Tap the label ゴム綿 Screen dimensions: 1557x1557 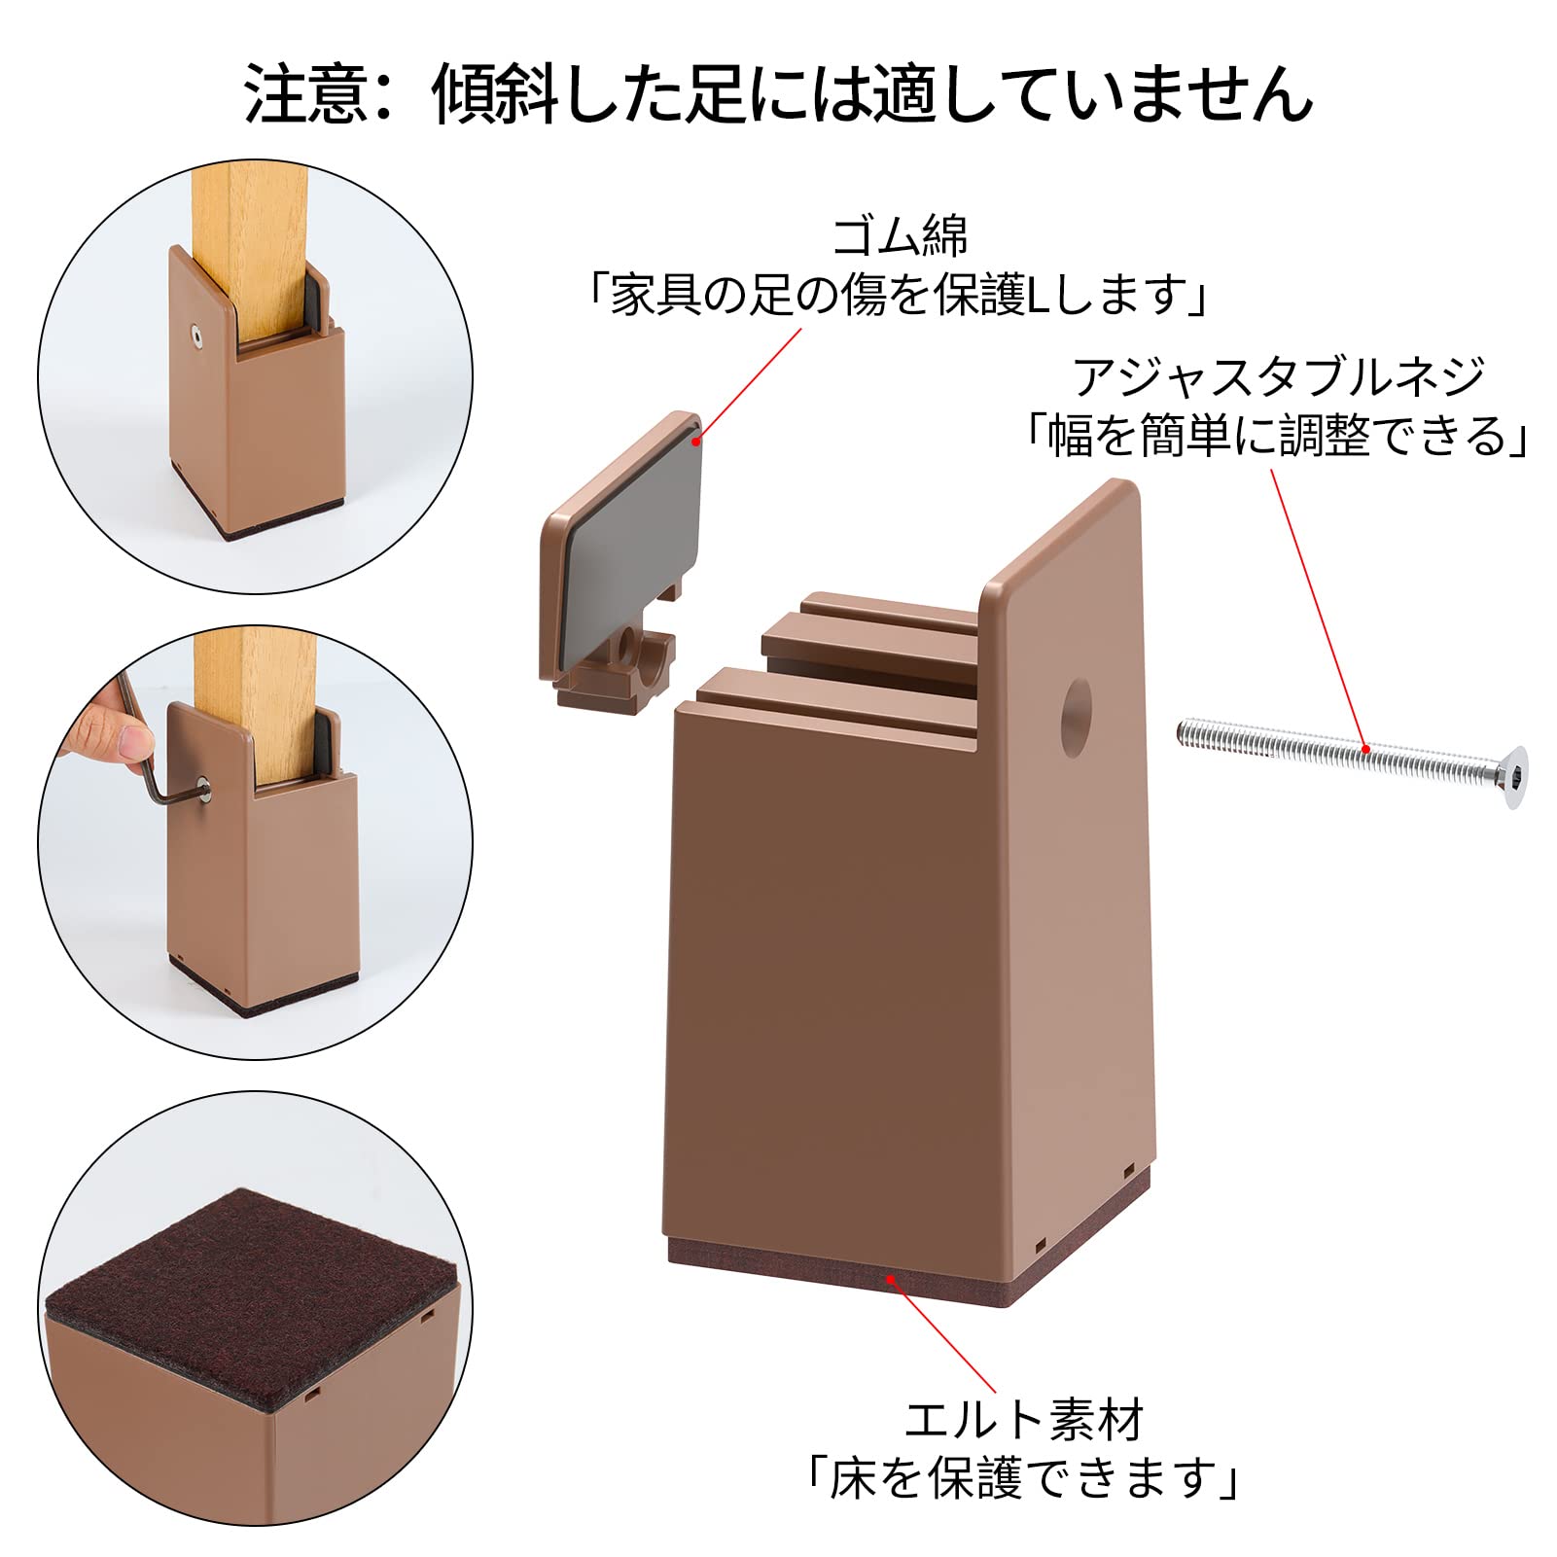click(899, 235)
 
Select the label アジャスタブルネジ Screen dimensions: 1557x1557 click(1278, 376)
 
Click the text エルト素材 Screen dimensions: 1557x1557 click(1024, 1421)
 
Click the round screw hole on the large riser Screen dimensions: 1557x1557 click(1074, 705)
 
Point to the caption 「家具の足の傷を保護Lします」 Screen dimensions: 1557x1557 click(899, 296)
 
